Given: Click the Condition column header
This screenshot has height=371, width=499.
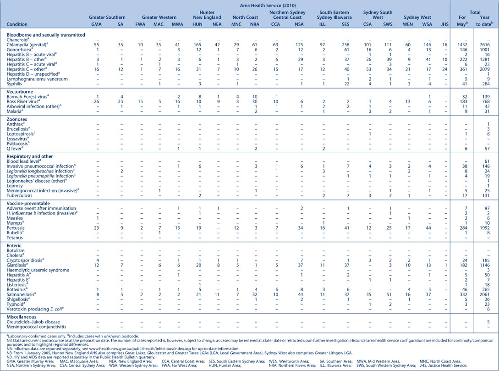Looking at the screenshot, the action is pos(17,24).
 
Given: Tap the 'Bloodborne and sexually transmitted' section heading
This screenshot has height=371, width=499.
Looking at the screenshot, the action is pos(46,35).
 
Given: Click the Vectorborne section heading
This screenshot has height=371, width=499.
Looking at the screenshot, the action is pos(19,92).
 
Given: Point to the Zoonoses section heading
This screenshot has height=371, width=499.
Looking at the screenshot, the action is pos(17,119).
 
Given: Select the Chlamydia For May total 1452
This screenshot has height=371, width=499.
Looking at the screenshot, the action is pos(462,45).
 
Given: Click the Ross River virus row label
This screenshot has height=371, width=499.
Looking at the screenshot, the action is pos(23,102).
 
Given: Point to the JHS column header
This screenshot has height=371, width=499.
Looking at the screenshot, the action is pos(444,24).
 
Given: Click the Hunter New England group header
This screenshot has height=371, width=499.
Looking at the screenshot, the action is pos(207,15).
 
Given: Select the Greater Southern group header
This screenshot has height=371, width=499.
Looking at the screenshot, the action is pos(107,17).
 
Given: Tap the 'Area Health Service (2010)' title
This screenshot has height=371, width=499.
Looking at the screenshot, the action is pos(267,6).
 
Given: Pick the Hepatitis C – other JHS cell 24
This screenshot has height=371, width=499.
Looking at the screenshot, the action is pos(444,69).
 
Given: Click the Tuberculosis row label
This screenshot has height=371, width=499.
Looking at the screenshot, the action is pos(19,195).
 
